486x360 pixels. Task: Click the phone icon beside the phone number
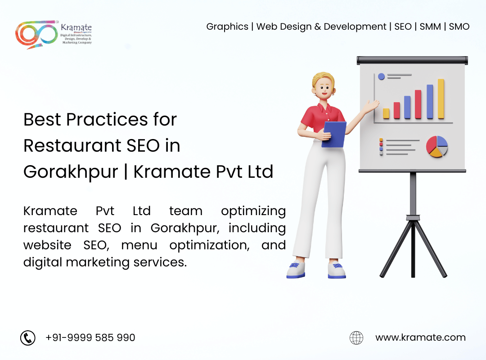[28, 337]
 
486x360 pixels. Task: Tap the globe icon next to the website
[356, 337]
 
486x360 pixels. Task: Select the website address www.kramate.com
[420, 337]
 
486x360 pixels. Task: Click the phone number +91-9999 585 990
[90, 337]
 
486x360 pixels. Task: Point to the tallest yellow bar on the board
[441, 99]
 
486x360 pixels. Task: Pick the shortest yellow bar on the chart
[386, 113]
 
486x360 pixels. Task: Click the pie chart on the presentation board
[436, 147]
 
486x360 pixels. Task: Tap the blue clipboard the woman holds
[334, 135]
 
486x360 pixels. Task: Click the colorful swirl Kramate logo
[36, 34]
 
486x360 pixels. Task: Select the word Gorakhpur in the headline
[71, 172]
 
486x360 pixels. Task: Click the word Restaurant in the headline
[72, 146]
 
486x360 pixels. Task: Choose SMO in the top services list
[459, 27]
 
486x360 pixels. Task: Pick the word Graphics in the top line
[227, 27]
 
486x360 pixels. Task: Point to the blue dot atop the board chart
[381, 76]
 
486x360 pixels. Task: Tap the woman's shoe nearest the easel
[337, 270]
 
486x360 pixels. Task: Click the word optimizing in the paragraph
[253, 211]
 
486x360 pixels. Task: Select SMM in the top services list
[430, 27]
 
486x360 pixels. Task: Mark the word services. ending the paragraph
[160, 262]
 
